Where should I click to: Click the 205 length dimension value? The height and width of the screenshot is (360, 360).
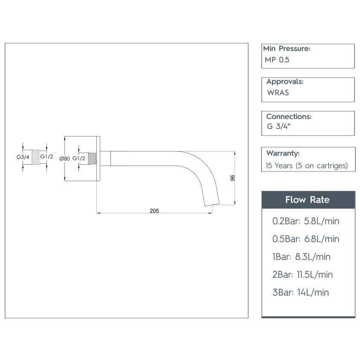click(x=154, y=211)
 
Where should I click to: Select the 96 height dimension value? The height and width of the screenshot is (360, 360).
click(x=232, y=178)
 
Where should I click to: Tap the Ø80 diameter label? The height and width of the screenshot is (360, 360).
click(x=64, y=158)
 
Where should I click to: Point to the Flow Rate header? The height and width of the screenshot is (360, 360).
click(x=308, y=200)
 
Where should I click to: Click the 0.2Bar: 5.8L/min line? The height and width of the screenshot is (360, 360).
click(x=305, y=221)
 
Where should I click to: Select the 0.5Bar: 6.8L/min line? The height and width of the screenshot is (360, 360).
click(x=305, y=239)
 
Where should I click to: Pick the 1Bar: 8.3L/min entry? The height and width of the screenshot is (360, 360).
click(x=301, y=257)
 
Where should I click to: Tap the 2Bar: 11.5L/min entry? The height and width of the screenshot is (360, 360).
click(x=302, y=275)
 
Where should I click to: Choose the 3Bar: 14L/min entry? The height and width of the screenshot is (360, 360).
click(x=300, y=293)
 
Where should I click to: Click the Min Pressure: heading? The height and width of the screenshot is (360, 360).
click(x=287, y=49)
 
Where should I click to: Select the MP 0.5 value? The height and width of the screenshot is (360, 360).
click(x=277, y=60)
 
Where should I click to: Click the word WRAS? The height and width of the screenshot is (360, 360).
click(x=278, y=93)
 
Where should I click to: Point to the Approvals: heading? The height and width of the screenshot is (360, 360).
click(x=285, y=81)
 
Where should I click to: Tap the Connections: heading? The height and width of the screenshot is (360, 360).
click(x=288, y=116)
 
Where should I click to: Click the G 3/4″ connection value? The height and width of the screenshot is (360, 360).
click(x=278, y=126)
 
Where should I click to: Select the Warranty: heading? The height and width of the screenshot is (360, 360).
click(x=283, y=153)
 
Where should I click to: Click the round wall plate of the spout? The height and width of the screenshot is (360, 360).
click(x=98, y=158)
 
